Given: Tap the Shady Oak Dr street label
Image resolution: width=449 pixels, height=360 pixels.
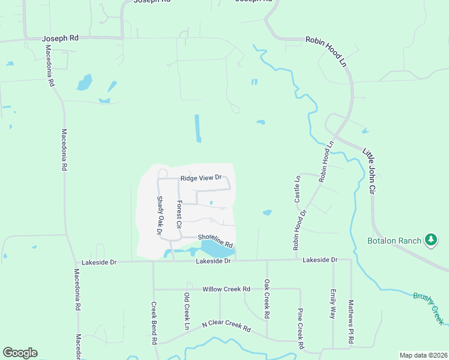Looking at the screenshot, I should (x=160, y=215).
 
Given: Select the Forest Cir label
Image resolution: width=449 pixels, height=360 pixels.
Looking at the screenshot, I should (x=179, y=214).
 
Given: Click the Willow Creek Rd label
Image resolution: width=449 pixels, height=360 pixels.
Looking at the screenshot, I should (x=226, y=289).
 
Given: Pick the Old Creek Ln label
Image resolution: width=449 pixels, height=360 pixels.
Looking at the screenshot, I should (x=187, y=311).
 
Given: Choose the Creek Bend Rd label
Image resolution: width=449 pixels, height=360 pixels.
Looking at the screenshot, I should (x=154, y=323).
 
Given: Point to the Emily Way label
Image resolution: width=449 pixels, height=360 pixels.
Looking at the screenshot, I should (x=333, y=304).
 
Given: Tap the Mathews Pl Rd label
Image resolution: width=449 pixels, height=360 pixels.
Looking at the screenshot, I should (x=351, y=323).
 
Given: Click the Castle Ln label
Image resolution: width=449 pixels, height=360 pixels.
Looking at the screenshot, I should (x=297, y=188).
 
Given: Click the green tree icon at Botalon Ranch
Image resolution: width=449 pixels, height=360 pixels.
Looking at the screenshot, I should (x=430, y=240).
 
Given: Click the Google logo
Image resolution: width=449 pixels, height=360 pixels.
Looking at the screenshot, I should (x=20, y=353).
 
